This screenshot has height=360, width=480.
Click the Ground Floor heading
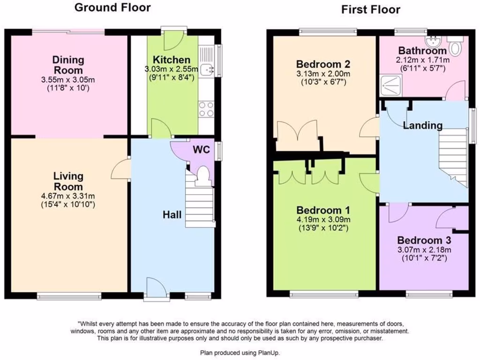point(112,7)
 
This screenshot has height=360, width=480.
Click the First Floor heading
point(370,9)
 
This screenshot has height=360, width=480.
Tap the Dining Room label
point(68,65)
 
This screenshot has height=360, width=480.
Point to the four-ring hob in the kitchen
point(206,109)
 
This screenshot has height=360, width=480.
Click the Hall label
point(172,215)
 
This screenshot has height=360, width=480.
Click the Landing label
point(422,125)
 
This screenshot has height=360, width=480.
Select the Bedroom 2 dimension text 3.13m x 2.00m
point(323,74)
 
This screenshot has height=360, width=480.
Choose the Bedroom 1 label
point(323,210)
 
